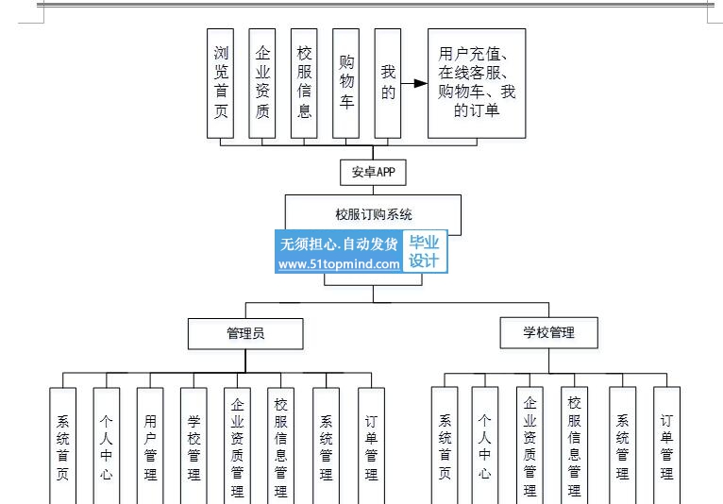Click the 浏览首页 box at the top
[221, 83]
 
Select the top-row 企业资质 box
[261, 83]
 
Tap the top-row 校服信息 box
[304, 83]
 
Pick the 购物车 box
[345, 83]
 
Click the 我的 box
[388, 83]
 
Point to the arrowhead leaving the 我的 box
[421, 83]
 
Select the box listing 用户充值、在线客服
[477, 83]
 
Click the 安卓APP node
[373, 173]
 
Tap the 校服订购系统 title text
[374, 214]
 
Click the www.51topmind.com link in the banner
[339, 264]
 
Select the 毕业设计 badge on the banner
[425, 251]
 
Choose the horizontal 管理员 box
[245, 333]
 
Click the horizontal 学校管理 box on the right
[548, 332]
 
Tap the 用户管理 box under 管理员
[150, 445]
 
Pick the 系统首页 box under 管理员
[62, 445]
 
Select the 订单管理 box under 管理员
[371, 445]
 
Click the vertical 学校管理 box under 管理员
[193, 445]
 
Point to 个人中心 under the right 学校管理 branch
[485, 445]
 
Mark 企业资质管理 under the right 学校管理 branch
[530, 445]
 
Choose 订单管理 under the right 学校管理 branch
[666, 445]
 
